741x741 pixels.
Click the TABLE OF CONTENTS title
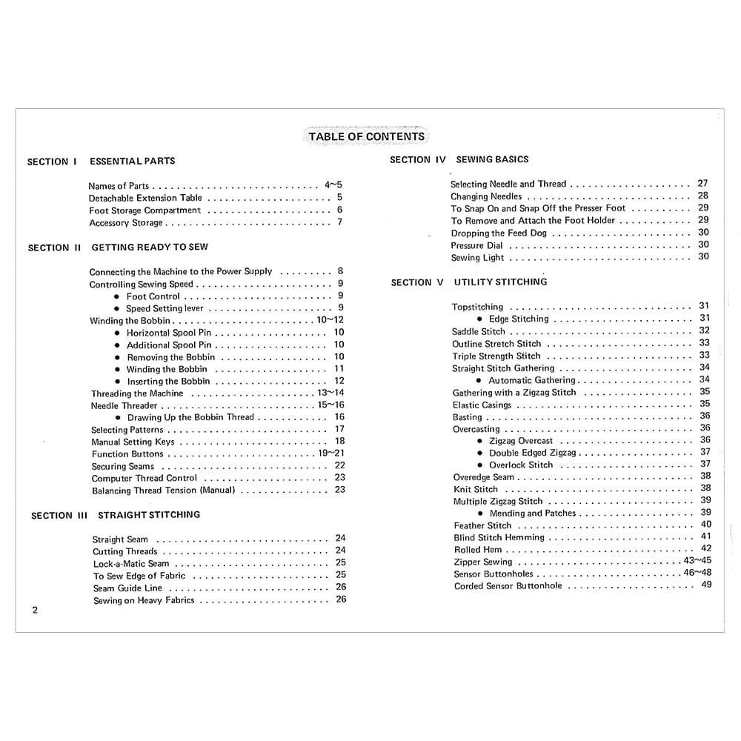(366, 136)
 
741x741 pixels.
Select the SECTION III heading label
(59, 516)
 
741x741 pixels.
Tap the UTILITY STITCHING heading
(501, 282)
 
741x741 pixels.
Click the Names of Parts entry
(119, 186)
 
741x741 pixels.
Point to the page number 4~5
(333, 185)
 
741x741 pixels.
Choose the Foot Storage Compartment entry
(144, 210)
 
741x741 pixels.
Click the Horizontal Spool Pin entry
(169, 333)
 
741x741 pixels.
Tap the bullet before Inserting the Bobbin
(117, 382)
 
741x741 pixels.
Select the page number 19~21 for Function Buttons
(331, 453)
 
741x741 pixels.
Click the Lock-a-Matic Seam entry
(131, 564)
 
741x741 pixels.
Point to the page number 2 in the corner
(35, 611)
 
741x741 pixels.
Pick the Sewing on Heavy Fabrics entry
(144, 601)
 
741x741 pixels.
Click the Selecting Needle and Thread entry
(508, 184)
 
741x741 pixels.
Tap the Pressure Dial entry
(477, 245)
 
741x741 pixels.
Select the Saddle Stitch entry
(479, 331)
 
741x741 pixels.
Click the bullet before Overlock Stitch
(480, 465)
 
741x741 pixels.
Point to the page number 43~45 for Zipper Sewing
(697, 561)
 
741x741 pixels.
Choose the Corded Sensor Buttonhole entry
(508, 586)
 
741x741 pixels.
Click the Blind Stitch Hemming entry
(499, 537)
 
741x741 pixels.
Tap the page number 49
(706, 585)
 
